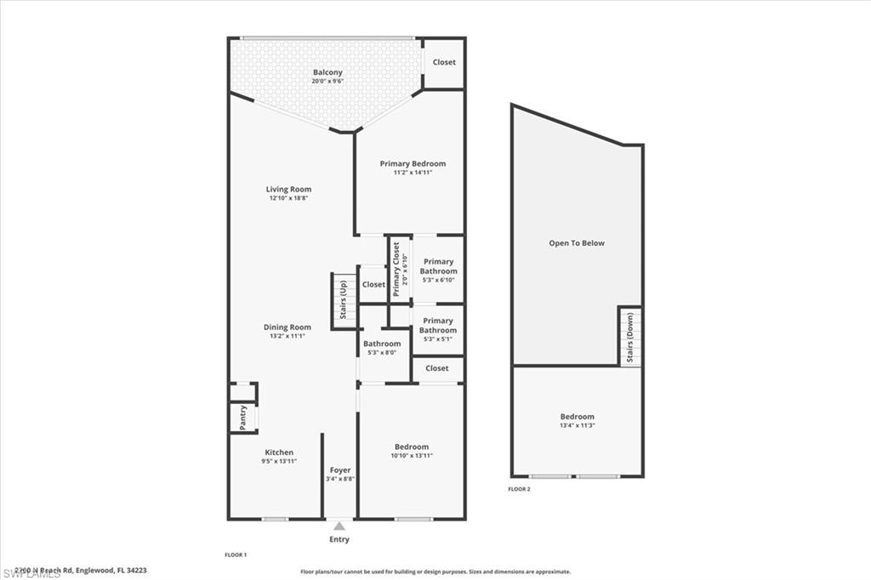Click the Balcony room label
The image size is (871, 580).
tap(327, 72)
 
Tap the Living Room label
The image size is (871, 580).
tap(288, 190)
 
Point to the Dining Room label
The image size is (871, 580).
tap(288, 327)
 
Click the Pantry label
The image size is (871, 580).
tap(243, 417)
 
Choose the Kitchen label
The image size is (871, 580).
tap(278, 452)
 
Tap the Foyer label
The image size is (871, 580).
tap(340, 470)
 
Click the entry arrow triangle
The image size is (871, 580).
tap(339, 526)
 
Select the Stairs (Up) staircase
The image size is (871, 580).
tap(343, 299)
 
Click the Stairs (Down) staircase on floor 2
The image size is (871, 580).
tap(630, 337)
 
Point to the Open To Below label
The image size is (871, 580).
tap(577, 243)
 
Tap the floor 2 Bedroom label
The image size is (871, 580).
tap(577, 417)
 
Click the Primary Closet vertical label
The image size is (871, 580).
tap(396, 269)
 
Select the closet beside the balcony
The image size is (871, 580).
tap(444, 62)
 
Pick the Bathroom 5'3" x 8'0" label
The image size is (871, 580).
tap(382, 344)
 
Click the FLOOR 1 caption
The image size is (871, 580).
tap(235, 554)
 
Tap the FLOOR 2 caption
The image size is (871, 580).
tap(519, 489)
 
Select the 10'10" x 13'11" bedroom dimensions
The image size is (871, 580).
tap(411, 456)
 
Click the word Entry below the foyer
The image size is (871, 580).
tap(339, 539)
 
